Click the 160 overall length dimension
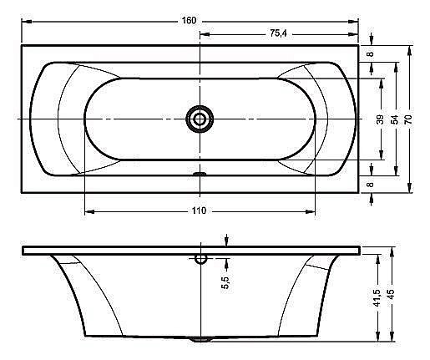[189, 21]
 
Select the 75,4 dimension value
[278, 33]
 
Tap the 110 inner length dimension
[199, 210]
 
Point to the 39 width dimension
[381, 119]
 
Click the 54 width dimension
[395, 119]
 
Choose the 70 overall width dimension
[408, 119]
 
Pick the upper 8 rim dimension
[371, 53]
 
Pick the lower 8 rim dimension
[371, 185]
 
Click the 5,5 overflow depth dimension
[226, 282]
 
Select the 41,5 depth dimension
[377, 298]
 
